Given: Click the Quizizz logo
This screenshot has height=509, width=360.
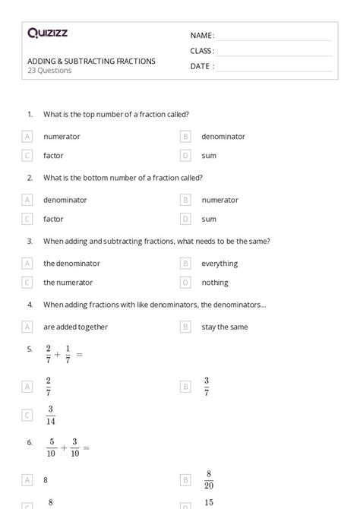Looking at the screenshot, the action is click(47, 33).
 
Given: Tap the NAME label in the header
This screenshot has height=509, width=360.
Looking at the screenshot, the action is click(202, 35).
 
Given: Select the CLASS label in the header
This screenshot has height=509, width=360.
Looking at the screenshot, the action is click(202, 51).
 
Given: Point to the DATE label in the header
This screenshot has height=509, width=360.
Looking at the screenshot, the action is click(202, 66).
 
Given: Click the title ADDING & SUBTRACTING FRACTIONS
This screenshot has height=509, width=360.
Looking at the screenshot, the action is click(91, 61).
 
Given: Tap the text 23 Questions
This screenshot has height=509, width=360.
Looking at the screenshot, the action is click(49, 71).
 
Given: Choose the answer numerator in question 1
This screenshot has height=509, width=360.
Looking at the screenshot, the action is click(62, 137).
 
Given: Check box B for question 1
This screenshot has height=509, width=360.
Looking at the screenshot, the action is click(185, 137).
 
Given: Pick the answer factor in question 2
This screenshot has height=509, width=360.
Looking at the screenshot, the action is click(53, 219).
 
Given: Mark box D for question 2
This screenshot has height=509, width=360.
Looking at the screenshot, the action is click(185, 219).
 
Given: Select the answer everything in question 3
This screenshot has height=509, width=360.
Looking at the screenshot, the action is click(219, 264).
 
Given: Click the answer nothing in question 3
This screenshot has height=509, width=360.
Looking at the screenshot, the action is click(215, 283).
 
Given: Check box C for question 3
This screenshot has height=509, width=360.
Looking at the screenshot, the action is click(27, 283).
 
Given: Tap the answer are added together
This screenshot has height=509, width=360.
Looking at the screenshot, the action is click(75, 327).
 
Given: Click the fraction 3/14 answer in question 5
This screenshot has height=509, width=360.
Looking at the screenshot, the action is click(50, 415).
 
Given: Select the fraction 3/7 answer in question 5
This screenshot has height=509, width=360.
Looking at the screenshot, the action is click(207, 386).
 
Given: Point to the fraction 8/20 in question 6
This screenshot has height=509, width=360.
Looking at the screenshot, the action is click(208, 480).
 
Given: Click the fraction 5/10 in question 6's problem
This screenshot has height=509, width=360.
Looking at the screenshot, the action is click(52, 447).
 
